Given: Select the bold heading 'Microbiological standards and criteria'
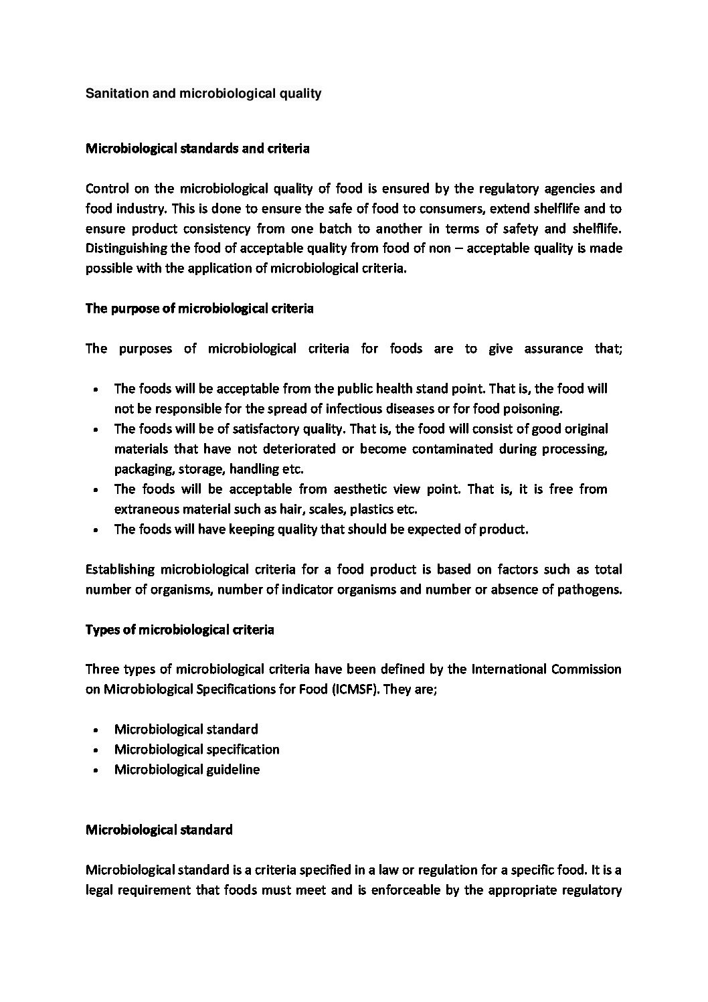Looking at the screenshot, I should [197, 149].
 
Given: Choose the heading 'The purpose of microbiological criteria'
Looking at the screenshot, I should [199, 309].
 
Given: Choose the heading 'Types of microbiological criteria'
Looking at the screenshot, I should [180, 630].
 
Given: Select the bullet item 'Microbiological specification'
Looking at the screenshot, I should [197, 749].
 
